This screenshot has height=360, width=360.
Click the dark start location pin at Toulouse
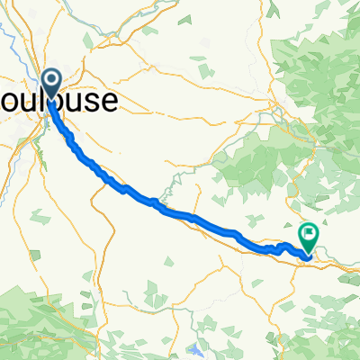(51, 83)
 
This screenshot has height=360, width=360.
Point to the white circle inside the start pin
(51, 81)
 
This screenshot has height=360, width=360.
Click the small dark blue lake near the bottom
(197, 346)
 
